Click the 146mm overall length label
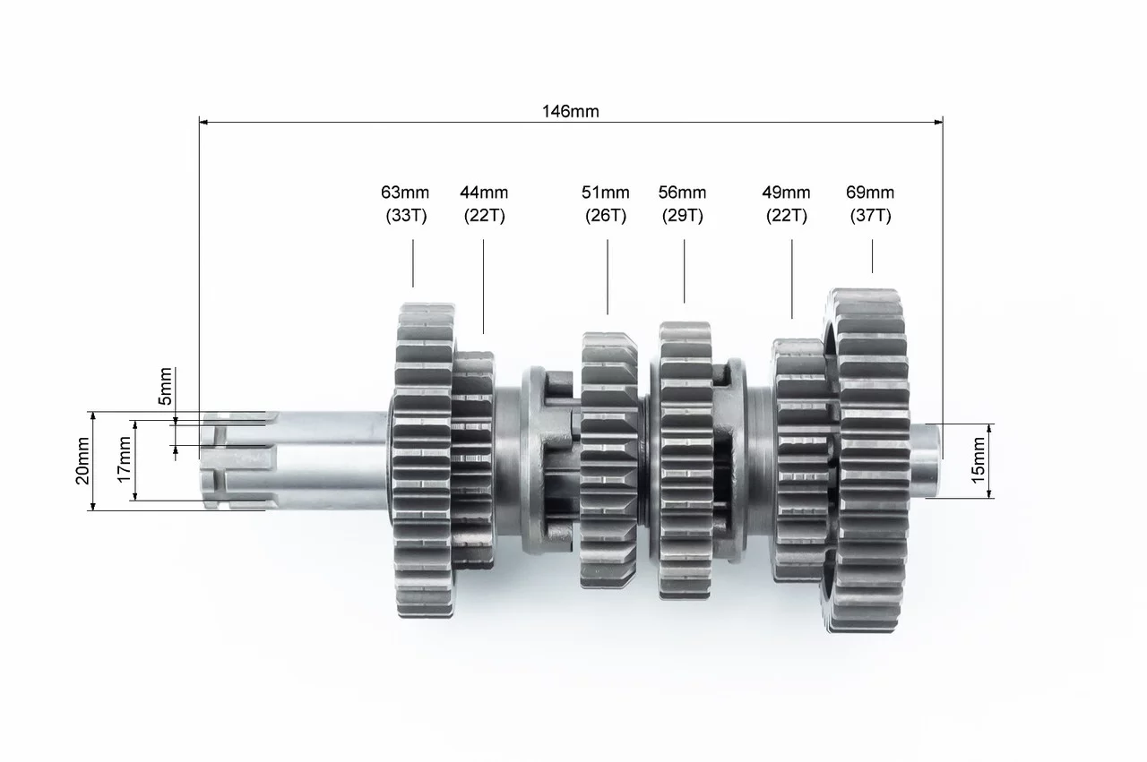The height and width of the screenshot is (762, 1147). tap(571, 111)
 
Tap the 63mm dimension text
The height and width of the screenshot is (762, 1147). tap(405, 193)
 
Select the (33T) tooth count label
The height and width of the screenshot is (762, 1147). tap(406, 216)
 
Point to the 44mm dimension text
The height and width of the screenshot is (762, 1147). tap(484, 193)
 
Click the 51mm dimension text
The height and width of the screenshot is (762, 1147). tap(605, 193)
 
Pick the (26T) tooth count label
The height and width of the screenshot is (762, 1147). tap(606, 216)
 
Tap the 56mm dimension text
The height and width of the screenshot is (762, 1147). tap(682, 193)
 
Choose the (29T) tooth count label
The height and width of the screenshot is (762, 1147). tap(683, 216)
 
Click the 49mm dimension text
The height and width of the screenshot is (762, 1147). tap(786, 193)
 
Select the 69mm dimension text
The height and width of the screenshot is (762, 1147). tap(870, 193)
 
